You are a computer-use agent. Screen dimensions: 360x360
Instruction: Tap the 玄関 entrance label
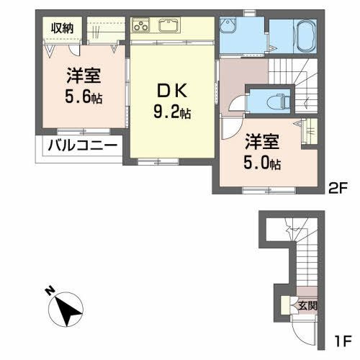point(307,305)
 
